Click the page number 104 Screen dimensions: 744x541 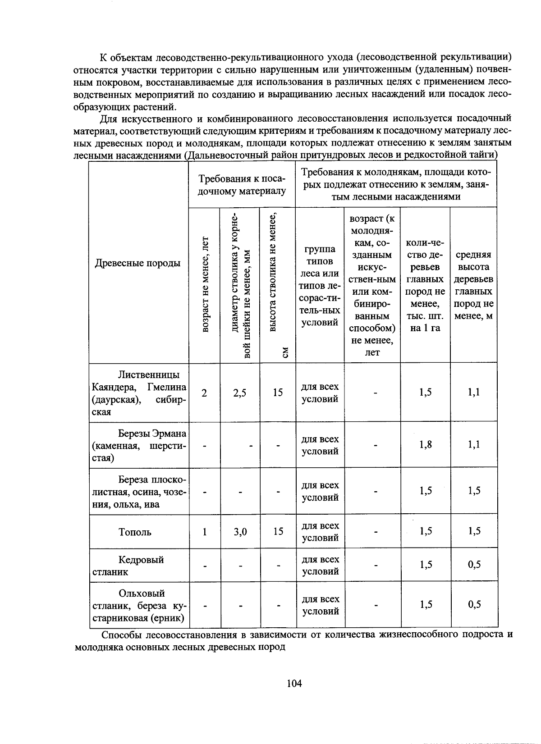(x=294, y=684)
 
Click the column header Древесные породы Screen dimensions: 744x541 (x=138, y=263)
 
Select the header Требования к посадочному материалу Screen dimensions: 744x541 (x=242, y=185)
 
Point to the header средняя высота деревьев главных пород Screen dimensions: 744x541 (x=473, y=285)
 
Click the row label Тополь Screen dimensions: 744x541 (x=135, y=532)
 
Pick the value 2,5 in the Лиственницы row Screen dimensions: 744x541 (x=240, y=393)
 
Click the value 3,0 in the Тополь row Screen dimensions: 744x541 (x=240, y=532)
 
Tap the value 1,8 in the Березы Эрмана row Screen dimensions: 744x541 (x=426, y=445)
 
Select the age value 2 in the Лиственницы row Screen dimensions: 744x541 (x=205, y=393)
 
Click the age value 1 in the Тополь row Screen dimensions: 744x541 (x=205, y=532)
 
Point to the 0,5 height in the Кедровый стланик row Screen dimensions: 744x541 (x=474, y=565)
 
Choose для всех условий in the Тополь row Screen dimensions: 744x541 (x=320, y=532)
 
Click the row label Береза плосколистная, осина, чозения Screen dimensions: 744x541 (x=139, y=492)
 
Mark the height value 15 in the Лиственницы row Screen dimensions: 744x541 (x=278, y=393)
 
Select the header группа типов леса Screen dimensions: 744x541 (x=320, y=285)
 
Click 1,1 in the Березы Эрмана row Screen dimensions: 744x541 (x=474, y=445)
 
